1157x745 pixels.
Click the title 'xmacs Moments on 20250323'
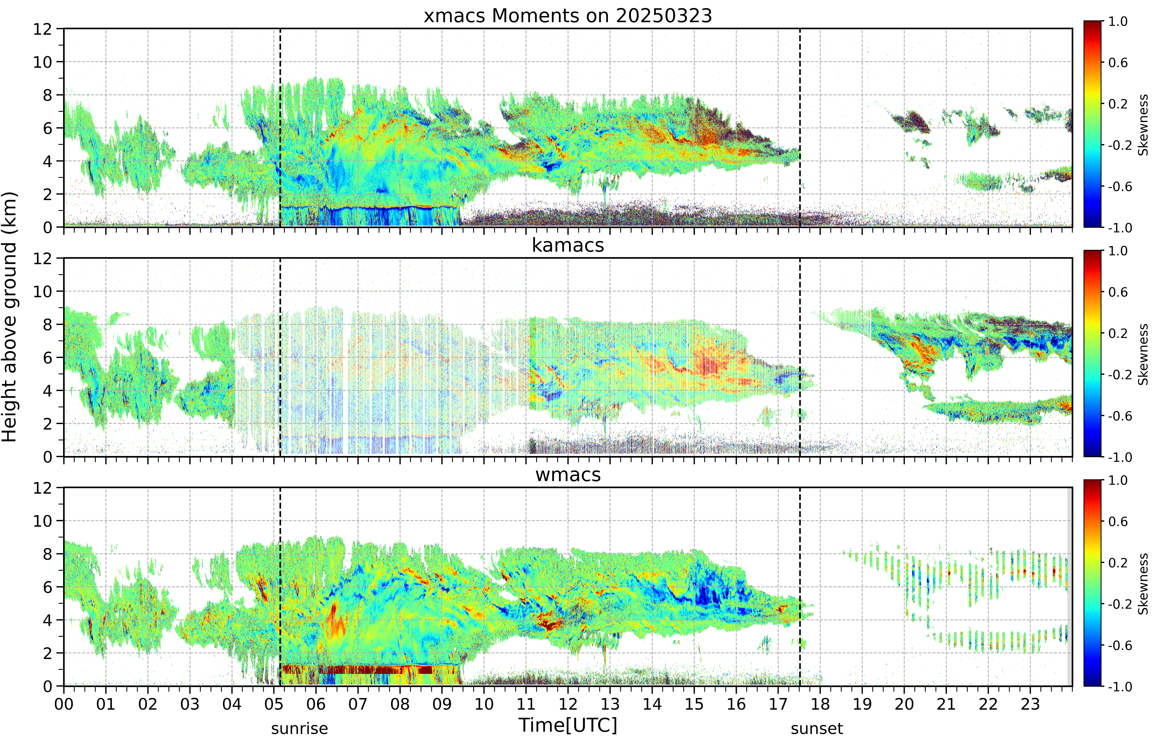pos(568,16)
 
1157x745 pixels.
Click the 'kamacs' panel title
pos(568,245)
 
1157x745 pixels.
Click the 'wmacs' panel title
pos(568,475)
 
